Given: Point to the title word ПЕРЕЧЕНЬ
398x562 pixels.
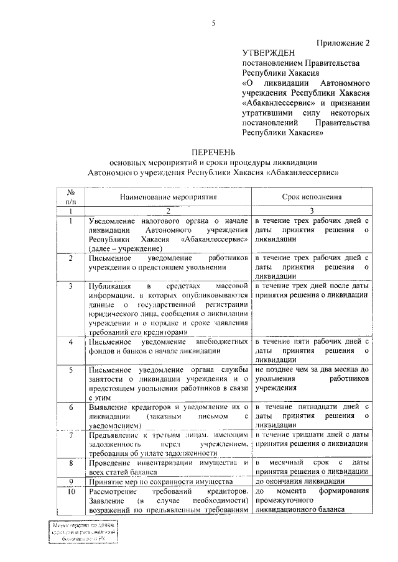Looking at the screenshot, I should (x=213, y=152).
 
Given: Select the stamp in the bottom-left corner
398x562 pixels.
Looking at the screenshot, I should (x=84, y=533).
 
